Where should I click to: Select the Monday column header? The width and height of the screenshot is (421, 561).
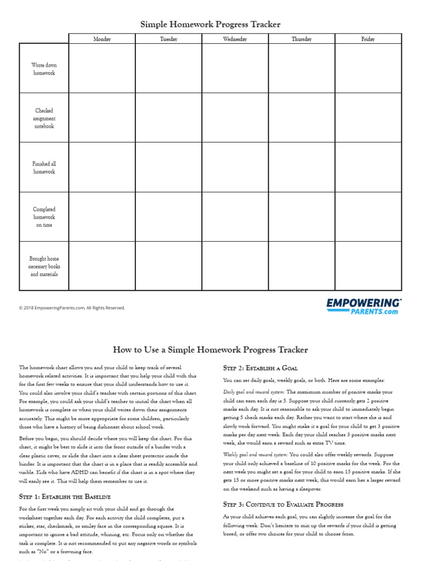click(x=102, y=39)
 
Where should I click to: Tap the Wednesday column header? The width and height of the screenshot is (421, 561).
click(x=235, y=39)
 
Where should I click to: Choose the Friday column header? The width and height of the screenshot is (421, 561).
click(x=368, y=39)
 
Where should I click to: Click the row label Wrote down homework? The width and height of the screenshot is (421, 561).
click(x=44, y=69)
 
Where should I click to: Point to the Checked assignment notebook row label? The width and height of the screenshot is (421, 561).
click(x=44, y=118)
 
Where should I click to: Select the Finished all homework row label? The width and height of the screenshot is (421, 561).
click(x=44, y=168)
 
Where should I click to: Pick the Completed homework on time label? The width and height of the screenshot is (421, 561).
click(x=44, y=217)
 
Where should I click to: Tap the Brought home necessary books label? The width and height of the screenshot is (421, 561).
click(x=44, y=266)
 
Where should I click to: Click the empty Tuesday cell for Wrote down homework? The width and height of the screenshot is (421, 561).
click(x=168, y=68)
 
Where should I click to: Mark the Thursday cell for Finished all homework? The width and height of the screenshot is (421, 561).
click(x=301, y=167)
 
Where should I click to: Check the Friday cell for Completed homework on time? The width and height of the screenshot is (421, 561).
click(x=368, y=216)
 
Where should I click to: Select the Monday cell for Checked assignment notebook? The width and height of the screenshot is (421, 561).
click(x=102, y=118)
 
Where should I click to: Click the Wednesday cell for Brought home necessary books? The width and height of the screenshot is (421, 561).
click(x=235, y=266)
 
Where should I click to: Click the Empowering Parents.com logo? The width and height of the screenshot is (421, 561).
click(x=364, y=306)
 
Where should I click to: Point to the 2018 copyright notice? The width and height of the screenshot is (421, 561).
click(x=72, y=308)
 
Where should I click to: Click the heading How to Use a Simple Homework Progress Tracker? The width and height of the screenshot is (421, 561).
click(x=210, y=350)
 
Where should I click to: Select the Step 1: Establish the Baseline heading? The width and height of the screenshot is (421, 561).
click(x=65, y=496)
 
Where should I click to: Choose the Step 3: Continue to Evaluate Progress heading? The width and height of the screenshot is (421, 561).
click(x=283, y=504)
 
